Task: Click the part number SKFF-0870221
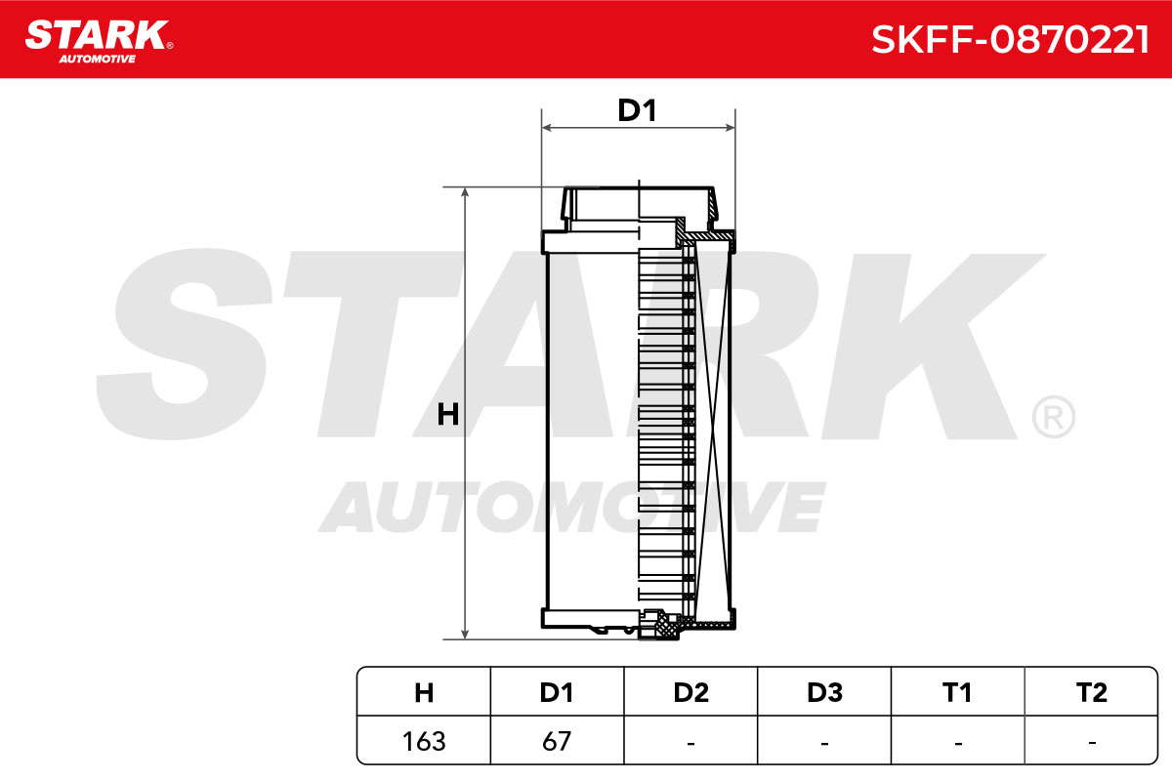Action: (1010, 40)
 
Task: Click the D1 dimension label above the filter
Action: (637, 110)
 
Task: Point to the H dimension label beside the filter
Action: (448, 414)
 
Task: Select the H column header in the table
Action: (424, 692)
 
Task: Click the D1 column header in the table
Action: (557, 692)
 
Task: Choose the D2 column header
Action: (691, 692)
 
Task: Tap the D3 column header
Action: (824, 692)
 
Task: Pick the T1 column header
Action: (957, 692)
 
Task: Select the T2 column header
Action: (1092, 692)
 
